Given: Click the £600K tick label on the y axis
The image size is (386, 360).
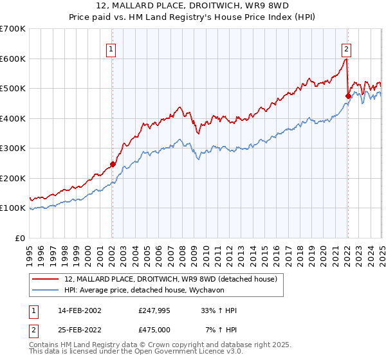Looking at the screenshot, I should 13,59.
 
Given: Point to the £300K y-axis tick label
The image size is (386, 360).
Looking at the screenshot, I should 13,148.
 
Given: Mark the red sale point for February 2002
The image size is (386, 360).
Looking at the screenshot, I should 113,164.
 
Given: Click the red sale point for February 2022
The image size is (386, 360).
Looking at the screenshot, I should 348,96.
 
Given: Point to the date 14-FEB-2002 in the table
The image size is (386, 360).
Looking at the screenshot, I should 80,310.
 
